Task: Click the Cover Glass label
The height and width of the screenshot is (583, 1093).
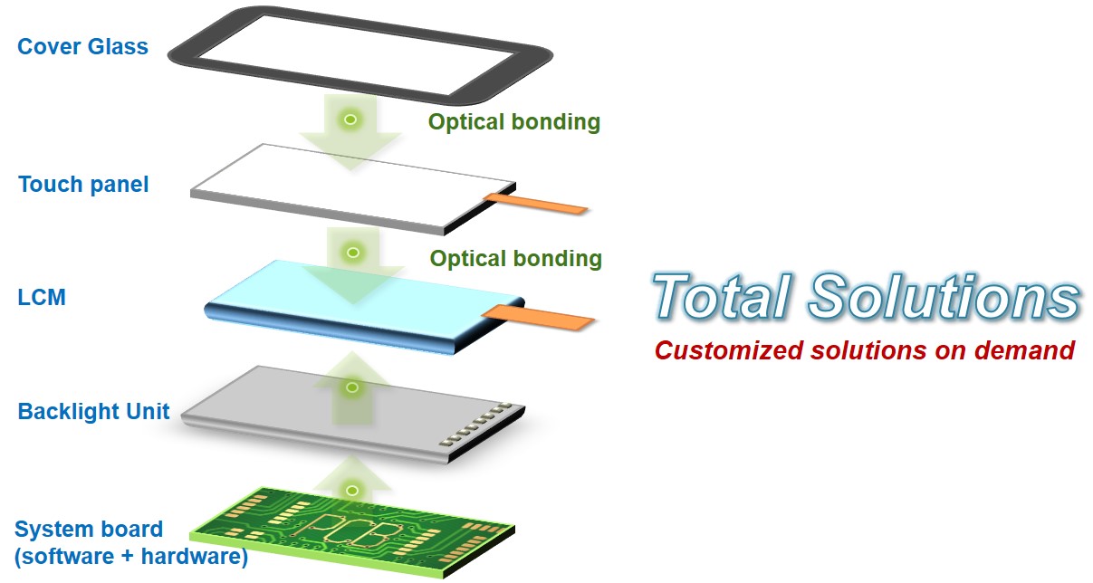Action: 82,47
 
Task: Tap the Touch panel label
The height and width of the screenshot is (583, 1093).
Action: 83,185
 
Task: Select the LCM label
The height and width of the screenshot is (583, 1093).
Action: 42,297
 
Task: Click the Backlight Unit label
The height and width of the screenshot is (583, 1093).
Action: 93,412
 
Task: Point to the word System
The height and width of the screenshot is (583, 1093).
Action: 51,530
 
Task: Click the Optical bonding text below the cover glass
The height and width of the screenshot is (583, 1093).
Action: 513,121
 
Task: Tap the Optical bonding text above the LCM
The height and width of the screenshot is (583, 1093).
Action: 515,259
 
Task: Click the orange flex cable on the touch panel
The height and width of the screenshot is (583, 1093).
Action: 536,204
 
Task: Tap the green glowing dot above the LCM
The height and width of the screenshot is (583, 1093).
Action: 353,252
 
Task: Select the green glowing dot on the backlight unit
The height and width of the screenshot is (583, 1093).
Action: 352,387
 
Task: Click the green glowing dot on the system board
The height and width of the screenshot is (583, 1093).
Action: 352,490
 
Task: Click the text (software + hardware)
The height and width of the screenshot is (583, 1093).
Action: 131,556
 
